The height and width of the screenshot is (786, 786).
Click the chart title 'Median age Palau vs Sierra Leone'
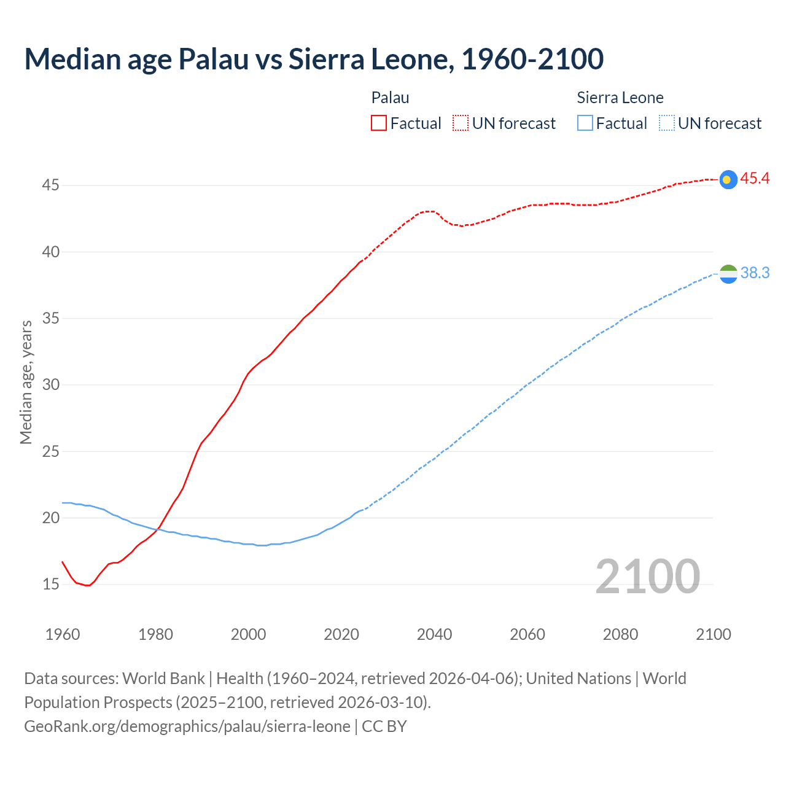pos(314,59)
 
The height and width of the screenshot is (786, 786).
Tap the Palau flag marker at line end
pos(728,179)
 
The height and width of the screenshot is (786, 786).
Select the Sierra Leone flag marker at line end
pos(728,274)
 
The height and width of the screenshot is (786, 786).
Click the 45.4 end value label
pos(755,179)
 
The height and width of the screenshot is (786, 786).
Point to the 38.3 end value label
pos(755,273)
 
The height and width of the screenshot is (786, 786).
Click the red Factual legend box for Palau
pos(379,123)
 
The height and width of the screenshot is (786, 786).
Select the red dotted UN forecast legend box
pos(461,123)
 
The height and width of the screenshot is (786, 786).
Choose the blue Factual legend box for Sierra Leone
pos(585,123)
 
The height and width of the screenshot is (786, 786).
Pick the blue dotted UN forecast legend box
pos(667,123)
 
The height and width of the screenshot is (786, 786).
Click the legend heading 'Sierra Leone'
pos(620,98)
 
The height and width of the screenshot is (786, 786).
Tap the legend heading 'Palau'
pos(390,98)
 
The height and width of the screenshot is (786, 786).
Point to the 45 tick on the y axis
pos(50,185)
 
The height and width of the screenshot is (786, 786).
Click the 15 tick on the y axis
pos(50,584)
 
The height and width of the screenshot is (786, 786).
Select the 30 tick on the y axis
pos(50,385)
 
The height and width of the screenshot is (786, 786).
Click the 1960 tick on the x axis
pos(63,634)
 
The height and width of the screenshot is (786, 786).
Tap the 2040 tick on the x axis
pos(434,634)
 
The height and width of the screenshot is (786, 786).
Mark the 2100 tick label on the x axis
pos(713,634)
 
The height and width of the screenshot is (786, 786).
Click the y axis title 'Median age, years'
pos(26,382)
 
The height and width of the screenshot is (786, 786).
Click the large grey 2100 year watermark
pos(647,577)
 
